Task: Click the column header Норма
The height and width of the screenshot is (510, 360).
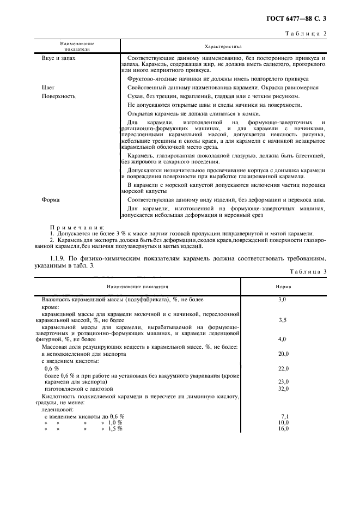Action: pyautogui.click(x=283, y=286)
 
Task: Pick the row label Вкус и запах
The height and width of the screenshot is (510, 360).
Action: pyautogui.click(x=59, y=58)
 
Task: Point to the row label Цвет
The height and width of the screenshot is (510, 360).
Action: pyautogui.click(x=48, y=87)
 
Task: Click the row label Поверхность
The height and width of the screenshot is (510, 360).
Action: pyautogui.click(x=59, y=96)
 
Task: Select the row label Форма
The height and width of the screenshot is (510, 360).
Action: pyautogui.click(x=51, y=199)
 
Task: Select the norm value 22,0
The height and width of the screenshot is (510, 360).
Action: pyautogui.click(x=283, y=369)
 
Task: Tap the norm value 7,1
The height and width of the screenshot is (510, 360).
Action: pyautogui.click(x=284, y=416)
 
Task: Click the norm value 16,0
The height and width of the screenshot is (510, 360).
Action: pyautogui.click(x=283, y=429)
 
